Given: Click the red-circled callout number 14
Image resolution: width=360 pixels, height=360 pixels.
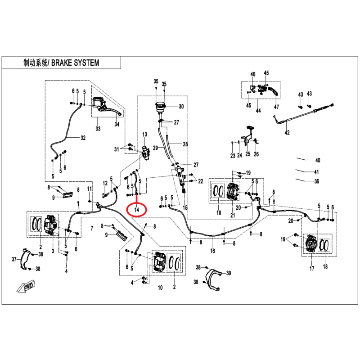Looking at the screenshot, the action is pyautogui.click(x=137, y=210).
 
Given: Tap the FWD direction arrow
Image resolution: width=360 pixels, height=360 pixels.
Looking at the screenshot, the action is pyautogui.click(x=26, y=286).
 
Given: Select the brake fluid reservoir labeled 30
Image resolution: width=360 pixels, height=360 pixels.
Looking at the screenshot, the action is pyautogui.click(x=160, y=108).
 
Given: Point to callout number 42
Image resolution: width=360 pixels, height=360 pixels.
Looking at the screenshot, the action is pyautogui.click(x=287, y=132).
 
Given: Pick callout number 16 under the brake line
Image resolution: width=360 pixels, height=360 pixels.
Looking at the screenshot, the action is pyautogui.click(x=212, y=251).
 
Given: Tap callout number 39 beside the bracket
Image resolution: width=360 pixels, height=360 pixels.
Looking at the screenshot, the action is pyautogui.click(x=229, y=273).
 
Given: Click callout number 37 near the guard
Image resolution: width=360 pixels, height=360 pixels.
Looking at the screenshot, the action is pyautogui.click(x=14, y=259).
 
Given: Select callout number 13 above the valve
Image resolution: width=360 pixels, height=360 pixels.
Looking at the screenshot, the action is pyautogui.click(x=144, y=134).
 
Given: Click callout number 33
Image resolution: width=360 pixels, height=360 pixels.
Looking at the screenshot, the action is pyautogui.click(x=98, y=129).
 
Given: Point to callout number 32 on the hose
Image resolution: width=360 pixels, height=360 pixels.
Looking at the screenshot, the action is pyautogui.click(x=83, y=138).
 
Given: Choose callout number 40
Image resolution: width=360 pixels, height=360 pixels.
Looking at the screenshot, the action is pyautogui.click(x=318, y=160).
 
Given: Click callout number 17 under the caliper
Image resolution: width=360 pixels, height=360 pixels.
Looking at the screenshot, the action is pyautogui.click(x=311, y=268).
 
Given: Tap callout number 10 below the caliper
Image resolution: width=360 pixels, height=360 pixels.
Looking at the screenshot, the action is pyautogui.click(x=160, y=288).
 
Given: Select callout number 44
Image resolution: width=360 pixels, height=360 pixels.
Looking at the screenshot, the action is pyautogui.click(x=258, y=111).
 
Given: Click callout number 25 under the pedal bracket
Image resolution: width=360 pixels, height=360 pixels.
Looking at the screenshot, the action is pyautogui.click(x=248, y=154).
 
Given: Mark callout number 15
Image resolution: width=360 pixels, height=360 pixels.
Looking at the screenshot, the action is pyautogui.click(x=185, y=207).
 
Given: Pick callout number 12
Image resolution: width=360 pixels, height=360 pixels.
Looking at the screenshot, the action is pyautogui.click(x=105, y=183).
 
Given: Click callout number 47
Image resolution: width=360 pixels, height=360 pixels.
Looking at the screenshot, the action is pyautogui.click(x=276, y=107).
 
